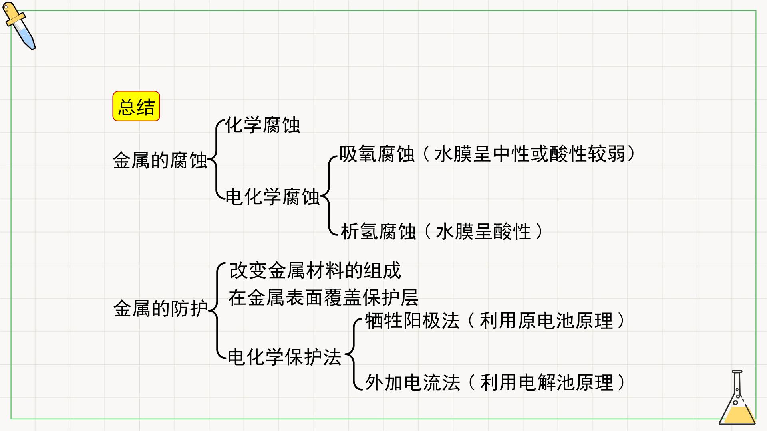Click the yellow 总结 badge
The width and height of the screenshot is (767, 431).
136,106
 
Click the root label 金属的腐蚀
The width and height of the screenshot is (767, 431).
160,160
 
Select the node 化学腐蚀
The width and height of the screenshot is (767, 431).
262,125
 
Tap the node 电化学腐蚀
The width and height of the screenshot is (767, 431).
272,197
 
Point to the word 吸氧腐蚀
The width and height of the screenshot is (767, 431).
377,154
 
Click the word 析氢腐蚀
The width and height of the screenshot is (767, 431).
378,231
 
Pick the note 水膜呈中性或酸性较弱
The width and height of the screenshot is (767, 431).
530,154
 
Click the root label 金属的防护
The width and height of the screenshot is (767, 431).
161,308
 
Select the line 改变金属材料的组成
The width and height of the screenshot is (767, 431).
315,271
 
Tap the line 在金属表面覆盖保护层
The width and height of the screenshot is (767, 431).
324,297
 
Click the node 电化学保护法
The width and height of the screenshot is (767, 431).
284,357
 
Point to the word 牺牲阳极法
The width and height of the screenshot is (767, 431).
412,321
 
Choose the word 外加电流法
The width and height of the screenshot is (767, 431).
412,382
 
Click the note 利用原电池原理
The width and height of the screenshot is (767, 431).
546,321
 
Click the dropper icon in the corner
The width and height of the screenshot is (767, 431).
19,26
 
